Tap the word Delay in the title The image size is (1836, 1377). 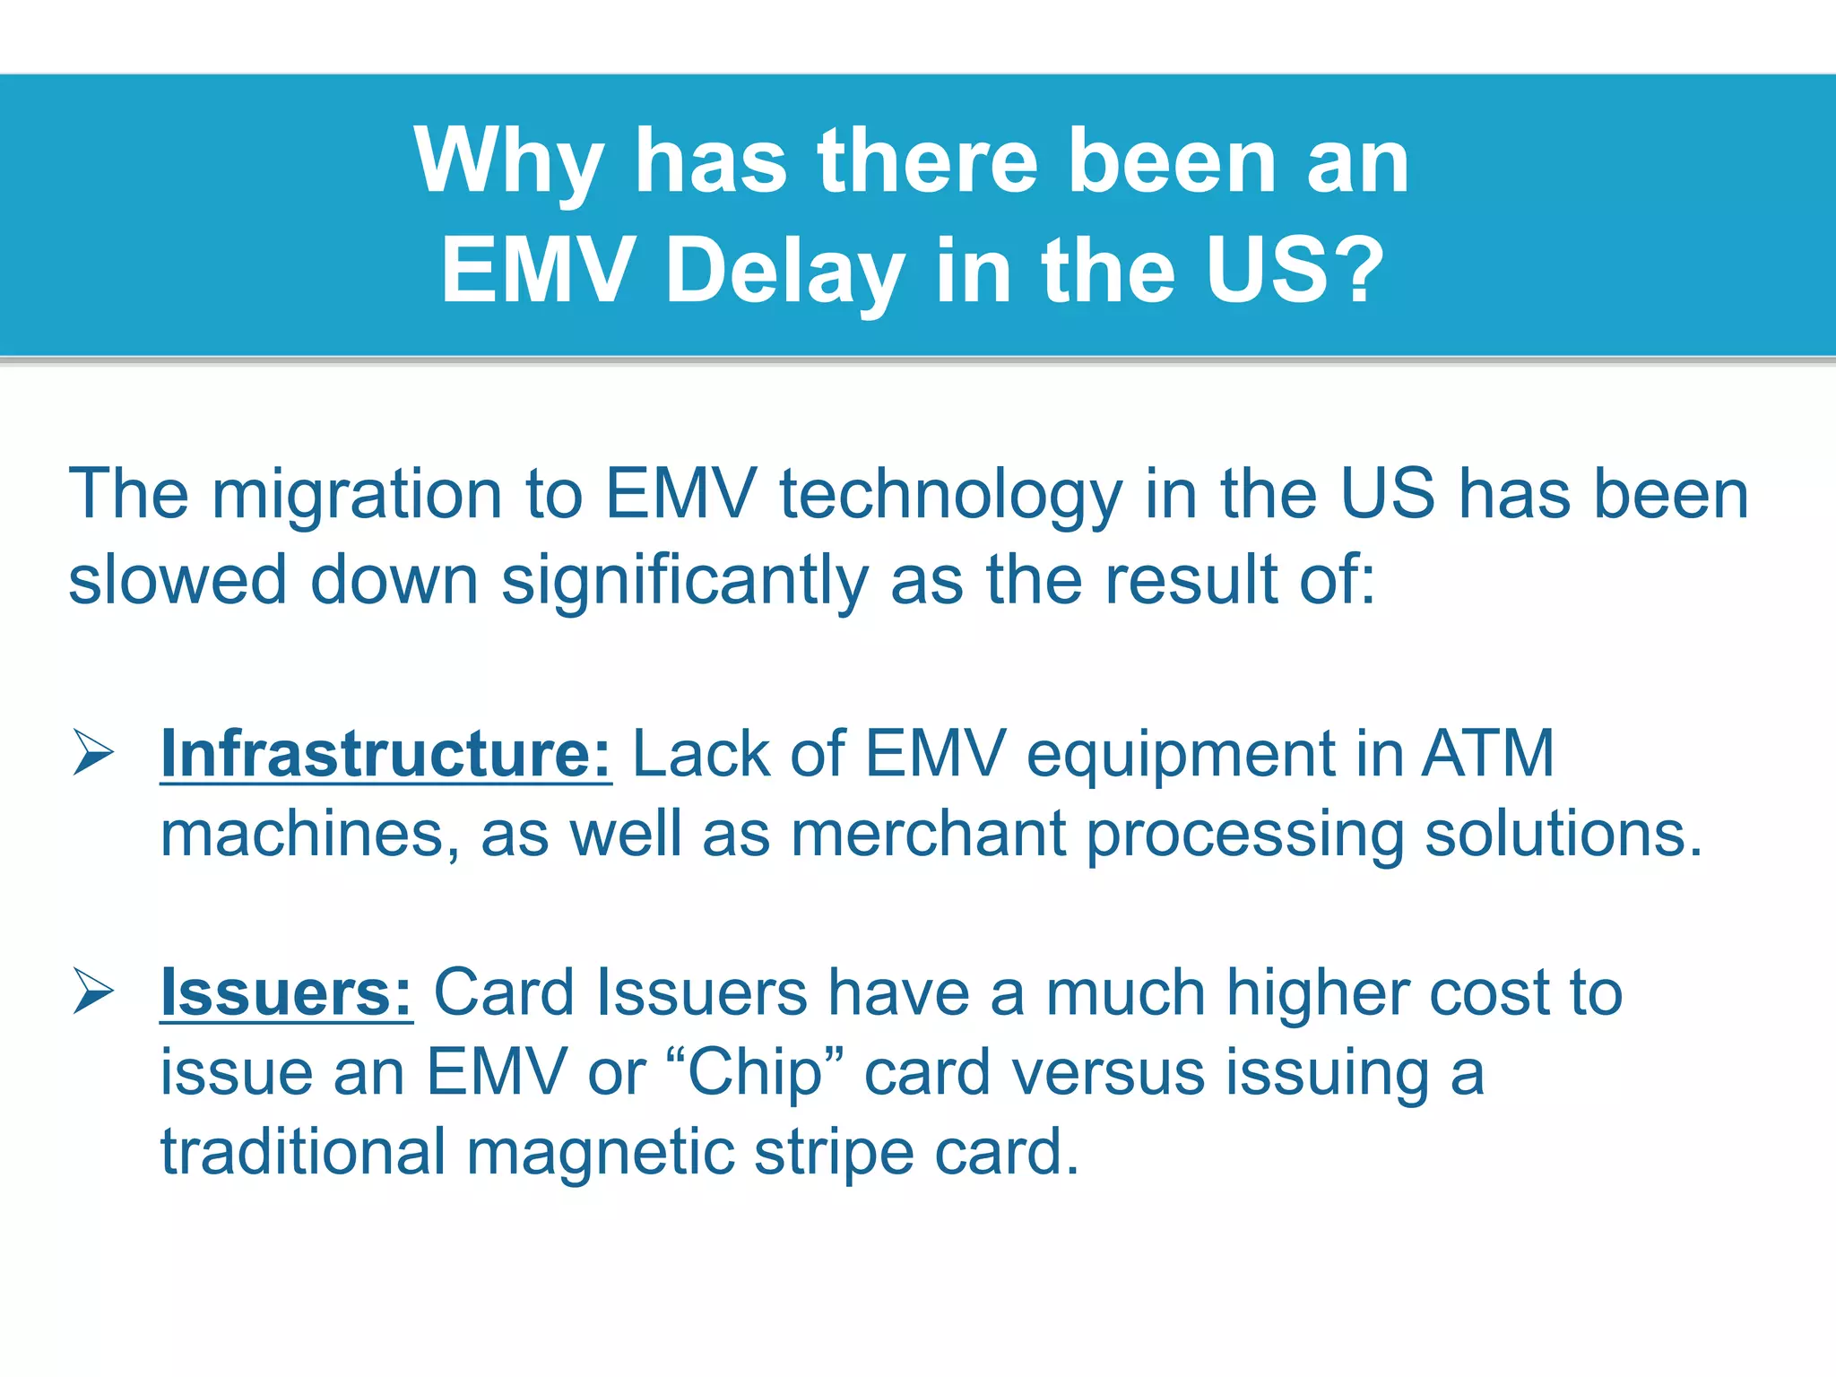(x=784, y=270)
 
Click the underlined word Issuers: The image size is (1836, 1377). (x=286, y=993)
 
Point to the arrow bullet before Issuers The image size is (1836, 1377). (x=93, y=992)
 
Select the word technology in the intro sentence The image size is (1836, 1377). (x=950, y=495)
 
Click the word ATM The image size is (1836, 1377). (x=1488, y=754)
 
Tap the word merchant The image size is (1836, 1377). (x=929, y=835)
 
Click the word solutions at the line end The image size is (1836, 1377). (x=1562, y=835)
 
